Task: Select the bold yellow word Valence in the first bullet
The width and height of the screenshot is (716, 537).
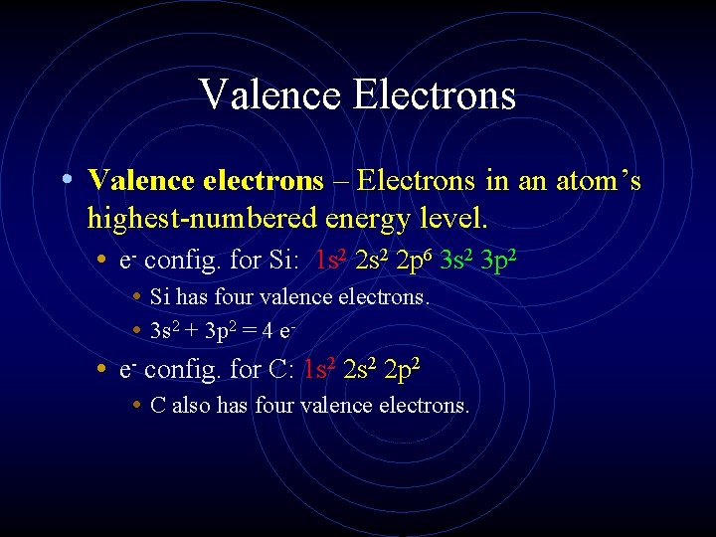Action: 140,180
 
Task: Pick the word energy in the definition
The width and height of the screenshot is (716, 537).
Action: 356,216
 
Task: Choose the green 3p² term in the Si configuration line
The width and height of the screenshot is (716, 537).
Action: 498,262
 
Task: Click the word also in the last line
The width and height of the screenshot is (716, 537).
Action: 192,405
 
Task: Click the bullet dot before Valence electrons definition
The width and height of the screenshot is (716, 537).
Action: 65,180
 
